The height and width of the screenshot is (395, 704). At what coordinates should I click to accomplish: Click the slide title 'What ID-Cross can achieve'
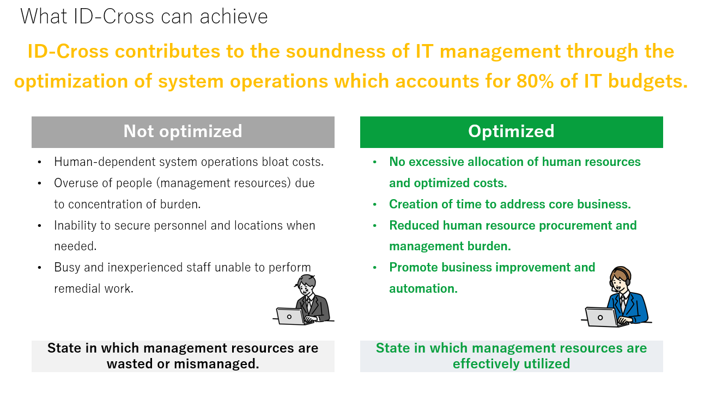point(144,16)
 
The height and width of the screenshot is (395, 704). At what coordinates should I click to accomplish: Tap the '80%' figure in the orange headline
point(535,81)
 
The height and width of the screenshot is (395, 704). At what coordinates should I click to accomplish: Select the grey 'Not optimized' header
point(183,132)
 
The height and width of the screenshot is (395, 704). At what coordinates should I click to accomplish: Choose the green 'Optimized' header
point(511,132)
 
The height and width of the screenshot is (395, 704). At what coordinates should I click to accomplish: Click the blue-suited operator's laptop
point(601,317)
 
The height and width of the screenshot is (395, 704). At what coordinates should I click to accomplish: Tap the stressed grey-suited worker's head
point(306,285)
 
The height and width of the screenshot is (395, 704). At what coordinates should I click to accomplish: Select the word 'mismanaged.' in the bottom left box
point(216,364)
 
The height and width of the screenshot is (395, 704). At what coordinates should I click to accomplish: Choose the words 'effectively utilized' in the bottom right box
point(511,364)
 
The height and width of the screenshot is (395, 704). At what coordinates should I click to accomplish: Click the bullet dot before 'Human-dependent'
point(39,162)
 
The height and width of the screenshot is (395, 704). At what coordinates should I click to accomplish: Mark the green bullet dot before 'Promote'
point(374,268)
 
